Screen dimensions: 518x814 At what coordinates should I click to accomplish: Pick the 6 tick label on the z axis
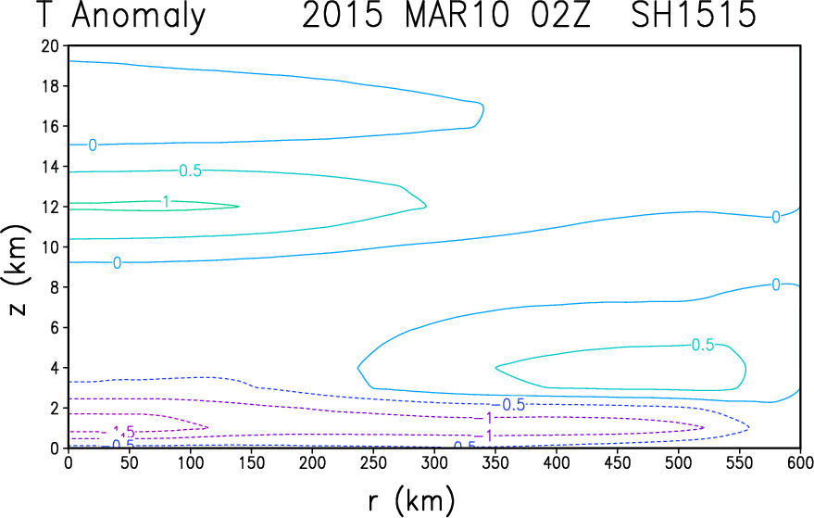[56, 327]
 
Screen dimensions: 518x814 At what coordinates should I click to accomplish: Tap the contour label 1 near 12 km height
[165, 202]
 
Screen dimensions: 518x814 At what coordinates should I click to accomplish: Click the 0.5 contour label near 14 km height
[191, 171]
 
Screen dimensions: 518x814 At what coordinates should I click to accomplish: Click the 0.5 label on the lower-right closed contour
[703, 345]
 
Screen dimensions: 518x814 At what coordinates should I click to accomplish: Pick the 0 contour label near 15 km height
[93, 145]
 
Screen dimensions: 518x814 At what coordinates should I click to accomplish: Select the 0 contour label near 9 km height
[117, 263]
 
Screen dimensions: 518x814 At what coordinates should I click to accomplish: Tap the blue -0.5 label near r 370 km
[514, 405]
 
